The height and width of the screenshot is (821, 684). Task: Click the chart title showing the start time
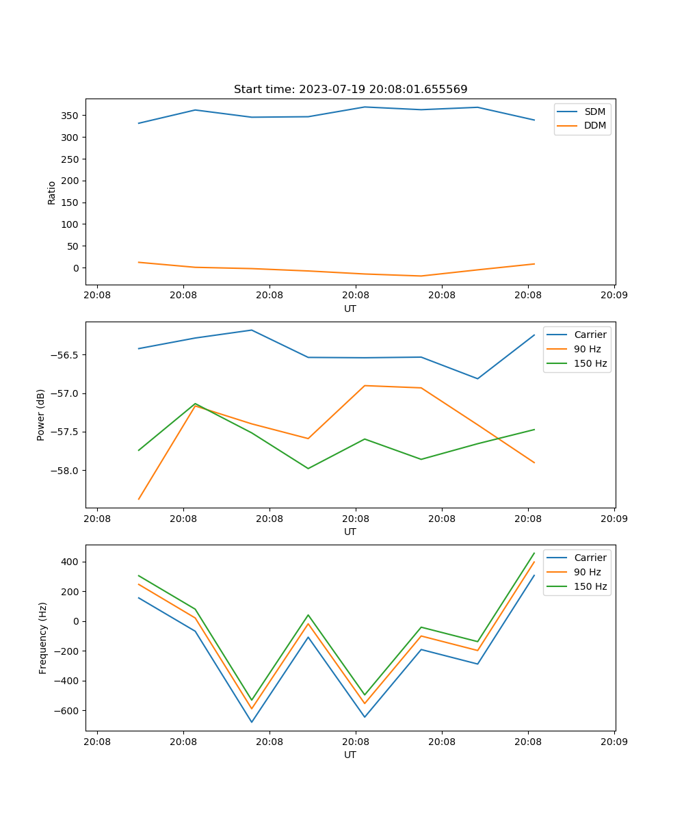(350, 90)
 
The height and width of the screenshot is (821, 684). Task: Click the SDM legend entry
(594, 112)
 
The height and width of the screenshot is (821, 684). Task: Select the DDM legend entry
(594, 126)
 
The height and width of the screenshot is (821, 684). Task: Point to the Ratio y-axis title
(52, 192)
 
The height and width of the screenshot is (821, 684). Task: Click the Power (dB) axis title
(41, 415)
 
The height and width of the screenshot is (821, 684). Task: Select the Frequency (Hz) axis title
(43, 638)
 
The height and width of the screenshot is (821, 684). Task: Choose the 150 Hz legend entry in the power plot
(590, 363)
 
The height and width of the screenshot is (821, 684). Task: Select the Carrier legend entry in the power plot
(590, 335)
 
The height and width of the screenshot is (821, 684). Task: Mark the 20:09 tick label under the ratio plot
(614, 296)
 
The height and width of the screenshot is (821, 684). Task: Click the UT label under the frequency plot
(350, 755)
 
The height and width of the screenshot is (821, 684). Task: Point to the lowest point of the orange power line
(139, 499)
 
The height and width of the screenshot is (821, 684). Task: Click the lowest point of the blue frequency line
(252, 722)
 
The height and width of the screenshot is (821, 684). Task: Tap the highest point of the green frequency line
(534, 553)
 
